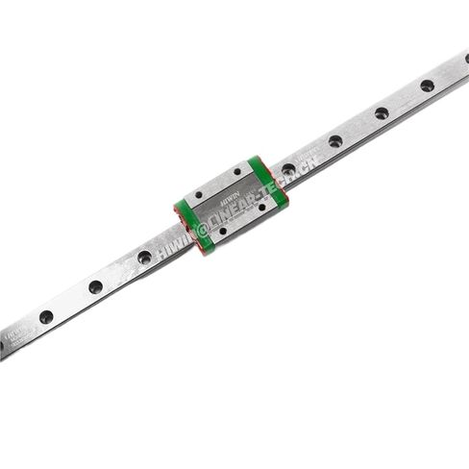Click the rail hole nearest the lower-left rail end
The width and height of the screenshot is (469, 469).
click(x=46, y=316)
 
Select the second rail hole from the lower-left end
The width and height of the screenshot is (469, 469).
click(x=95, y=286)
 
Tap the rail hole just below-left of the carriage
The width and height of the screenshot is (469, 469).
click(x=144, y=257)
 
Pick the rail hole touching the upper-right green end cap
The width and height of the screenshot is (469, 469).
click(x=288, y=170)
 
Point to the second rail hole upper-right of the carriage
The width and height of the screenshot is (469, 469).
click(x=335, y=141)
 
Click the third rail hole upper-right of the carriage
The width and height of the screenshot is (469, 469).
click(x=382, y=113)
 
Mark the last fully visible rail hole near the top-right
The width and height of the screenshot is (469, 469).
click(x=427, y=86)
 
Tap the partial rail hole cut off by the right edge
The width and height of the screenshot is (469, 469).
click(x=466, y=60)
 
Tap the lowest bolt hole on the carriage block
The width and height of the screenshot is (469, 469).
click(x=223, y=231)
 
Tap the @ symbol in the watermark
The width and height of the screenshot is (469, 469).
click(x=201, y=229)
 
